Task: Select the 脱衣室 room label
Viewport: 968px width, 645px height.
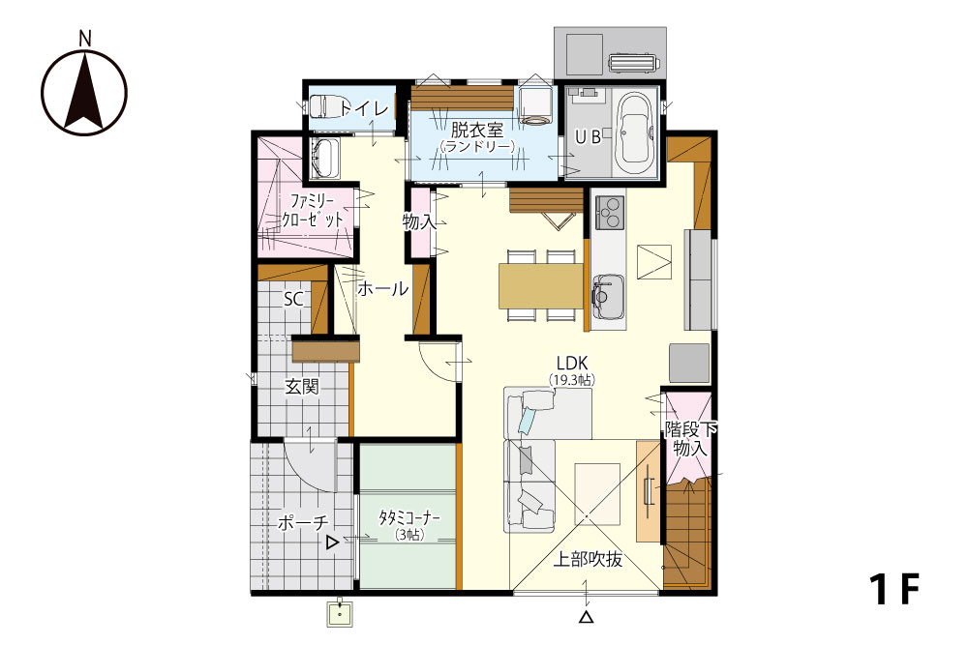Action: point(476,131)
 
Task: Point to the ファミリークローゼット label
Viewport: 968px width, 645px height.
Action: point(313,210)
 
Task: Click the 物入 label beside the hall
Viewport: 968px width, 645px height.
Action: point(419,221)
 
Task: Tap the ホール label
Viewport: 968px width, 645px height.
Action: point(382,288)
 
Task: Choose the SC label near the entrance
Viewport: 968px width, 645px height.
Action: point(293,299)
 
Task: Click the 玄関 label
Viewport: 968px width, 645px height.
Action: point(301,387)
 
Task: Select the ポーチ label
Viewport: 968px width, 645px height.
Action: point(303,523)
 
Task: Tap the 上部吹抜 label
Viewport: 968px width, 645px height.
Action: point(588,559)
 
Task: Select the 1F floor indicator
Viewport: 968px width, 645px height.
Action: point(894,590)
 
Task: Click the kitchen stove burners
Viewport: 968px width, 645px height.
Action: point(609,212)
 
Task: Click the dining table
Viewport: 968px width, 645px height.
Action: point(541,285)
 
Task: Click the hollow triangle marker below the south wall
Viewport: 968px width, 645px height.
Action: point(587,616)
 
